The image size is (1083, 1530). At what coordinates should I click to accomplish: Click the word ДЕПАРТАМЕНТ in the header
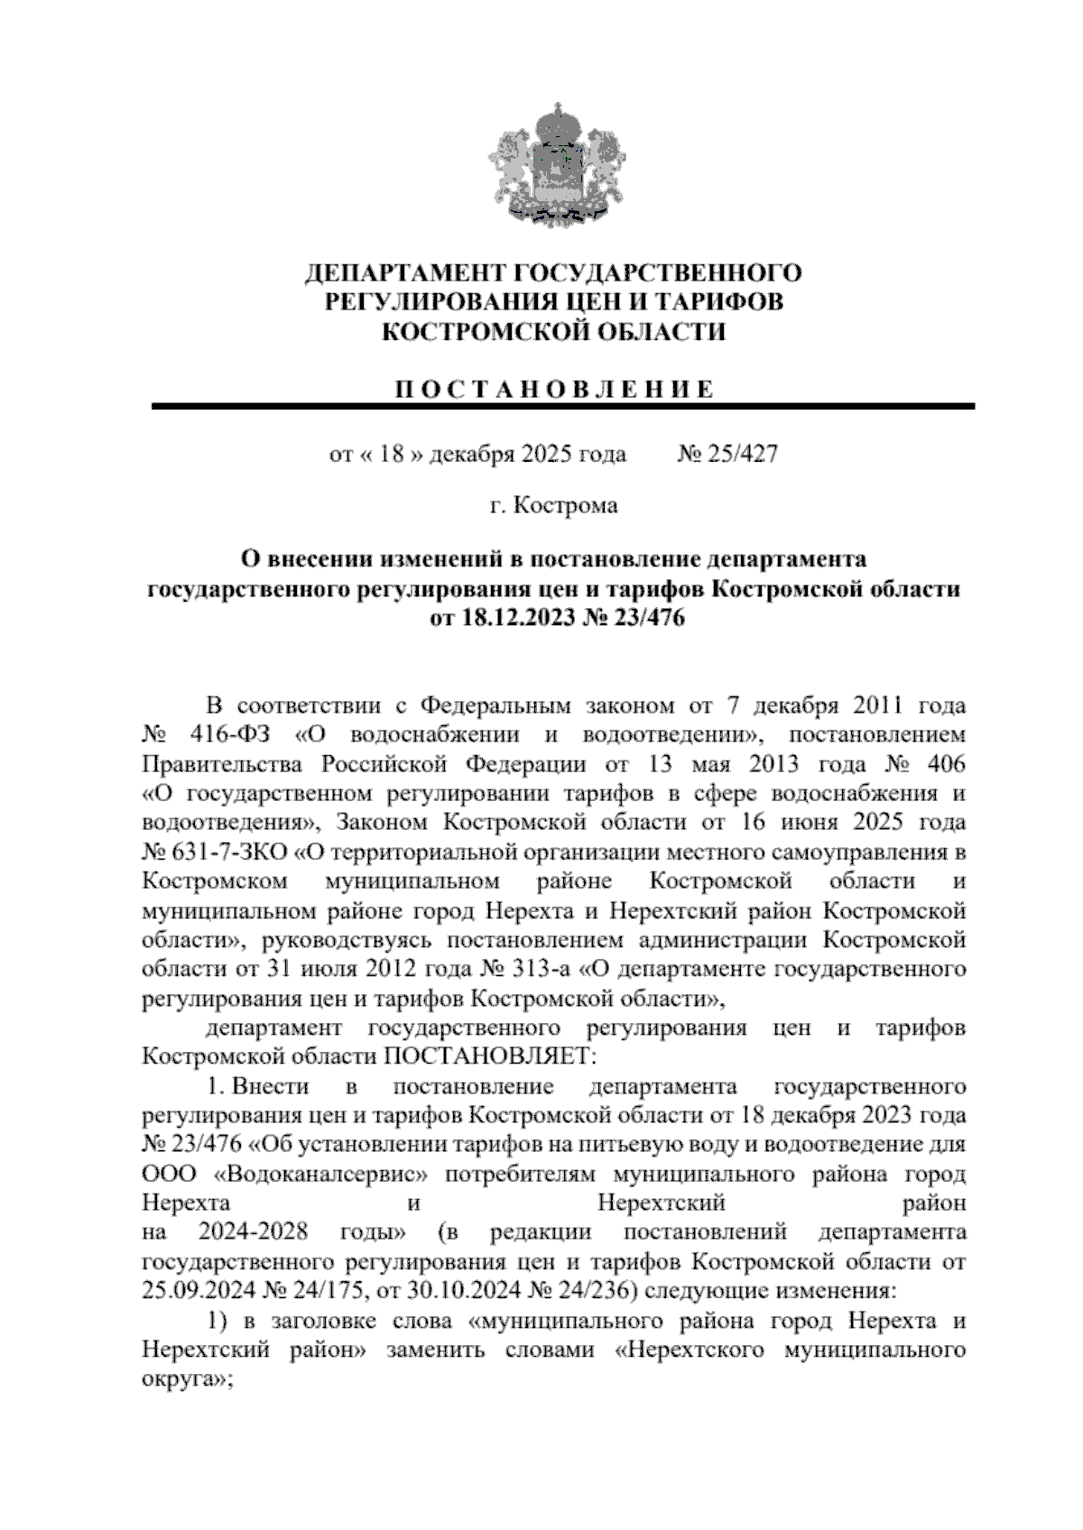pyautogui.click(x=403, y=272)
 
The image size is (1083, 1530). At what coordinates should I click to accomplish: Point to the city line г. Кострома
pyautogui.click(x=553, y=505)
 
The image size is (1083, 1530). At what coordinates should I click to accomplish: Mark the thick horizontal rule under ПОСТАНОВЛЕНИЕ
pyautogui.click(x=564, y=408)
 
